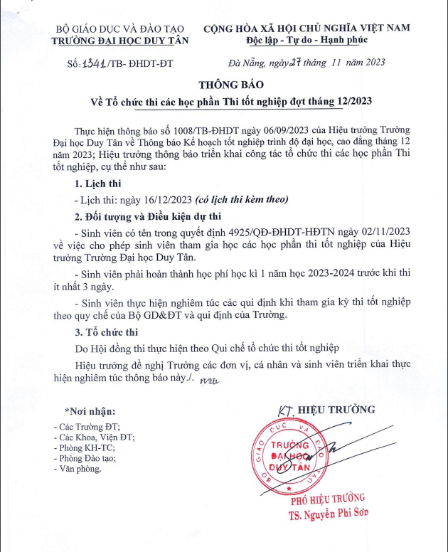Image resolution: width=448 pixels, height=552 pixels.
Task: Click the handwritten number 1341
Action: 92,62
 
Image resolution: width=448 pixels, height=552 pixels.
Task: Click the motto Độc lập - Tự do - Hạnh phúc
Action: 307,41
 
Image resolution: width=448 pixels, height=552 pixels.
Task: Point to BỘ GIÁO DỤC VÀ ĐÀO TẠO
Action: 122,28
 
